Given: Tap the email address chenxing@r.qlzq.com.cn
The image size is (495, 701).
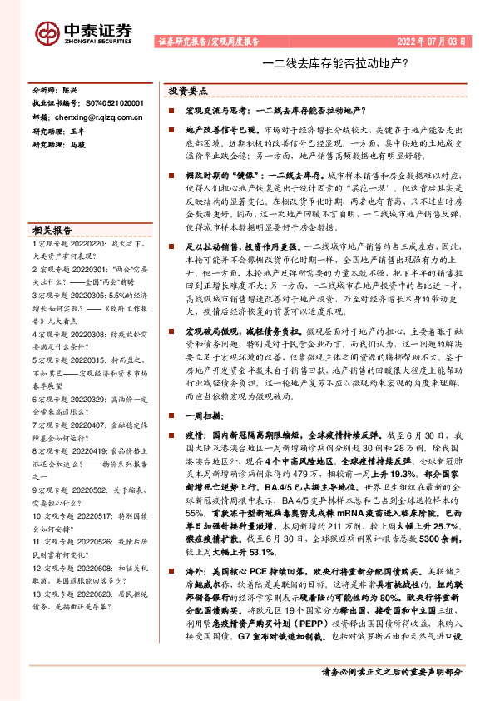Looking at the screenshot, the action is [98, 117].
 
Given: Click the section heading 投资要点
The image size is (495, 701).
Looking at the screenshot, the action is [187, 90].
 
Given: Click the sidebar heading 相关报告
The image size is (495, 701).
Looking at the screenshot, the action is [52, 231].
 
